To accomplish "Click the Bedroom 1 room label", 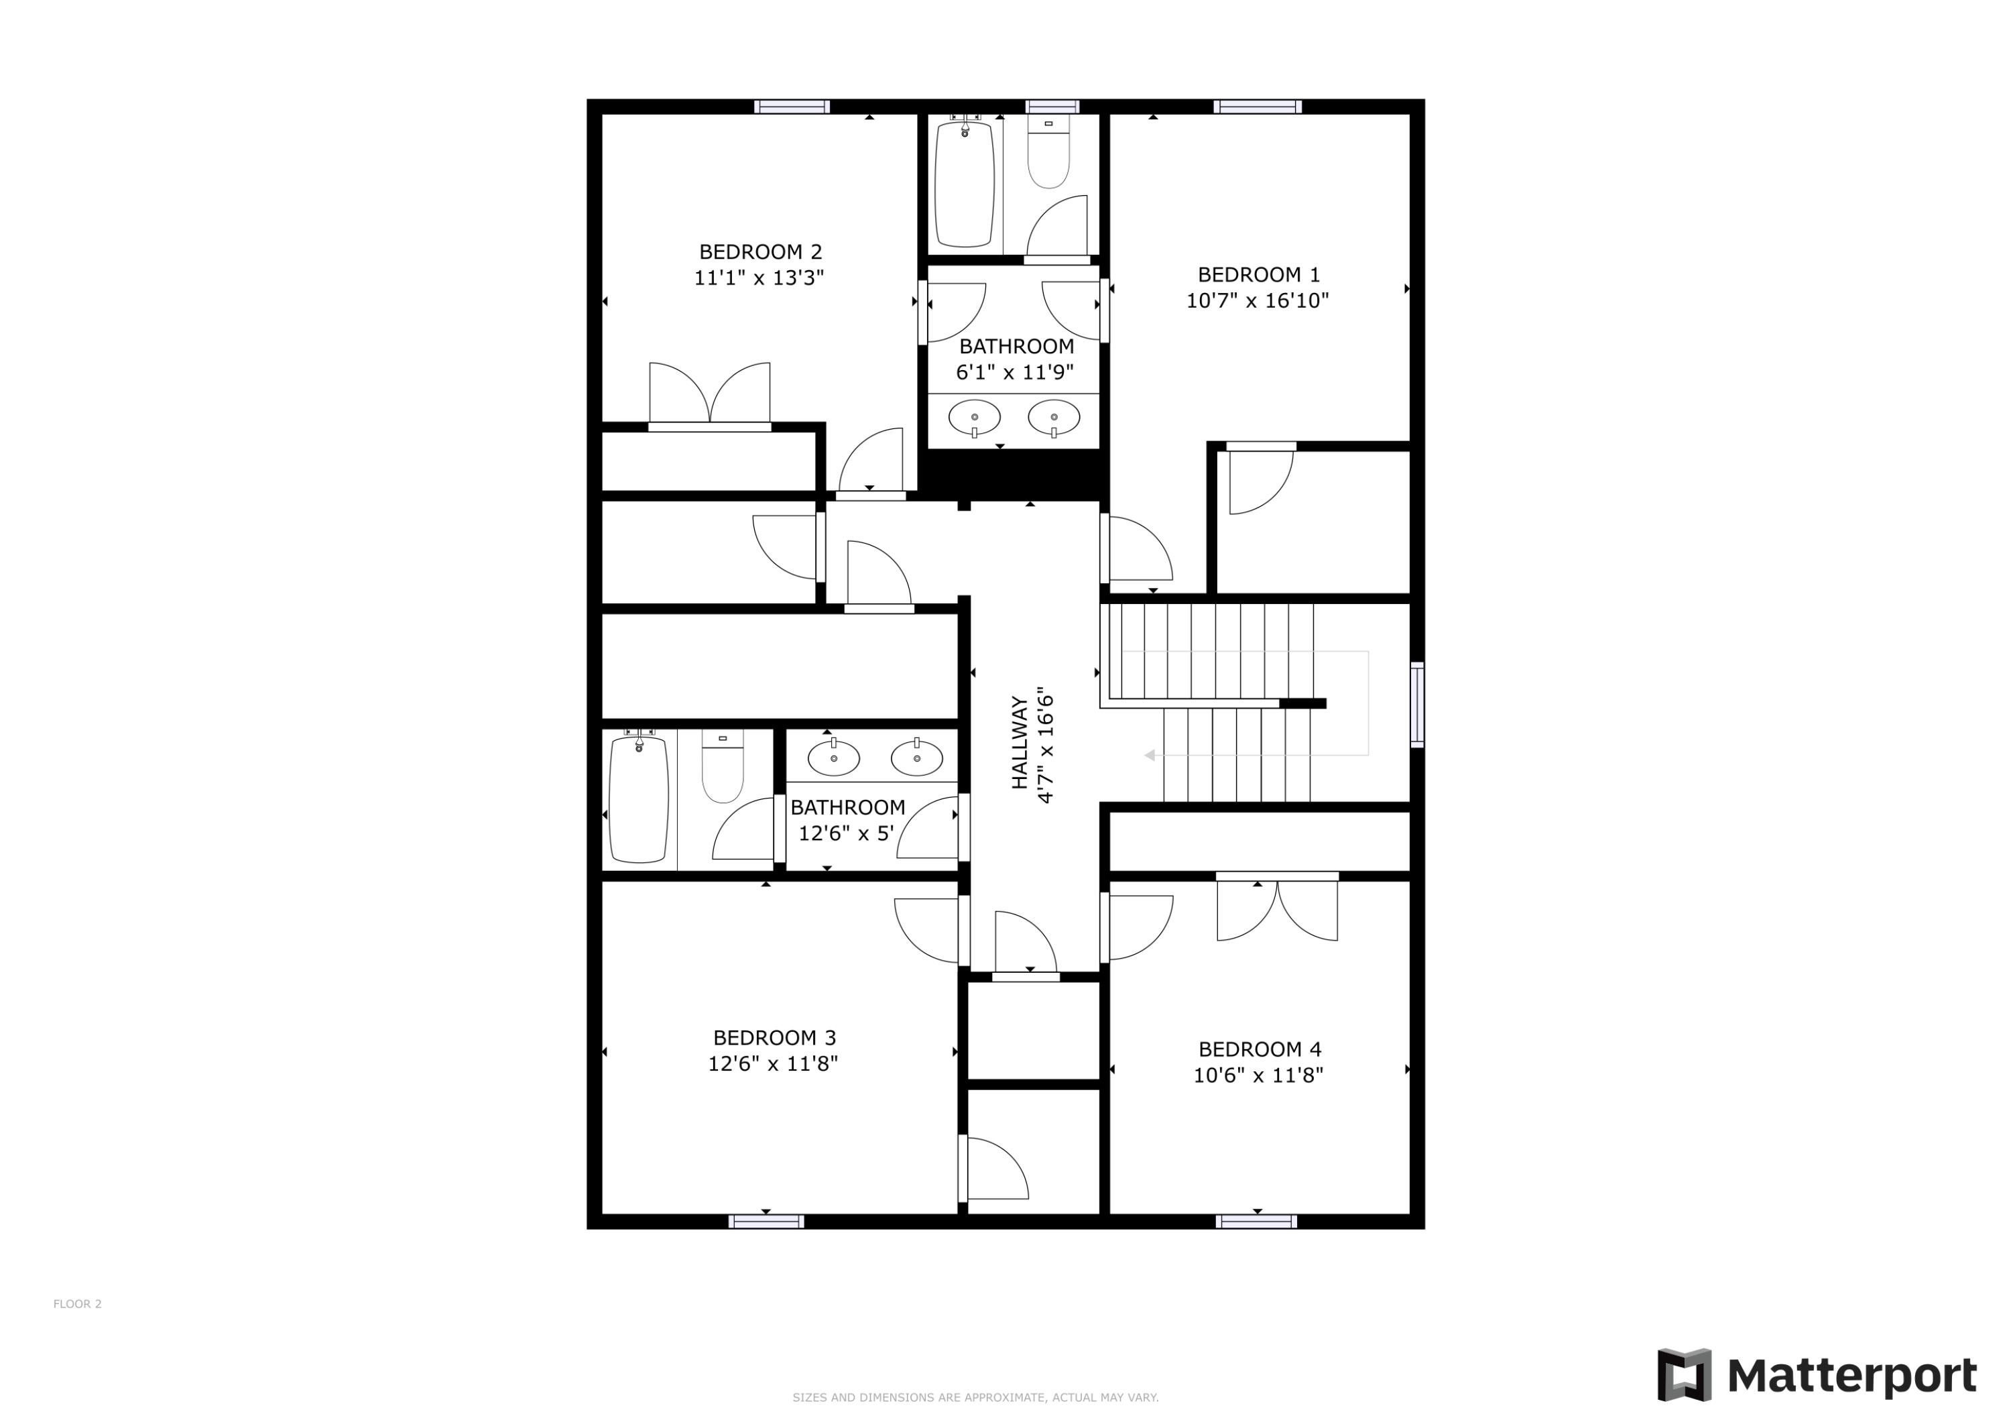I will pos(1258,274).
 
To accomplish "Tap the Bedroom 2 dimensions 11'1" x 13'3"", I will pos(759,278).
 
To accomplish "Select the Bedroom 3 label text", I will pos(774,1037).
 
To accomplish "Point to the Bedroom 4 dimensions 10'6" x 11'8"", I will pos(1258,1075).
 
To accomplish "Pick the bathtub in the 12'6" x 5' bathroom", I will pos(639,799).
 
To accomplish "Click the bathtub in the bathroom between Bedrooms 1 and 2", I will pos(965,184).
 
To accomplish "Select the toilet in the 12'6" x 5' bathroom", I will pos(723,766).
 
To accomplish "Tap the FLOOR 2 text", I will pos(77,1304).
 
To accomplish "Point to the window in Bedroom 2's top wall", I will pos(792,107).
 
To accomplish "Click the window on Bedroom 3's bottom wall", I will pos(766,1222).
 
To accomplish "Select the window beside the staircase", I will pos(1416,705).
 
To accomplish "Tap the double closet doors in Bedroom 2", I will pos(709,395).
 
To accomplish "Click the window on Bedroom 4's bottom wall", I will pos(1257,1222).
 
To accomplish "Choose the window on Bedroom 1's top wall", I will pos(1257,107).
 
